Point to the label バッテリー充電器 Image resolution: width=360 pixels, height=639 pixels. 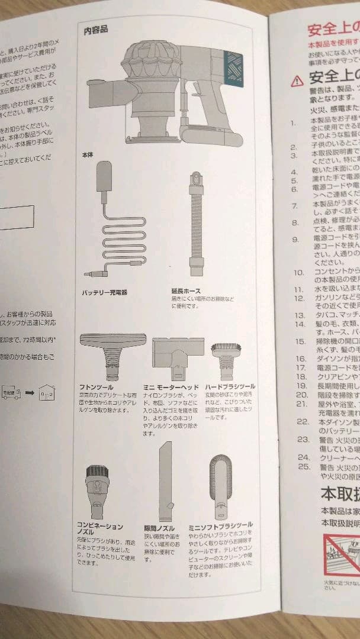tap(105, 292)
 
